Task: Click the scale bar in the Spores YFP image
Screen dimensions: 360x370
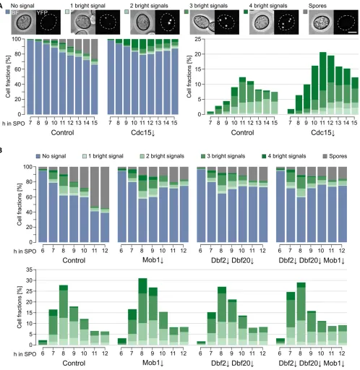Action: (x=352, y=32)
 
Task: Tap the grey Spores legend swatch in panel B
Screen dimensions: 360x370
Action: (x=325, y=157)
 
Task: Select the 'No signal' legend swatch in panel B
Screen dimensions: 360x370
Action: (x=38, y=157)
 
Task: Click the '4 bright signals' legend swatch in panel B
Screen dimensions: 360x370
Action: (x=264, y=157)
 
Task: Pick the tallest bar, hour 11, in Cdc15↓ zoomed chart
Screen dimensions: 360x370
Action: (x=322, y=83)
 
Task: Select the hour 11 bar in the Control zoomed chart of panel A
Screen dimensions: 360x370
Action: (x=242, y=95)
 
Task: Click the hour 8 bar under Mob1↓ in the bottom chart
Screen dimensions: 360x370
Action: (x=142, y=311)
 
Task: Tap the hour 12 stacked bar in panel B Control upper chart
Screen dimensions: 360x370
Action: (x=105, y=205)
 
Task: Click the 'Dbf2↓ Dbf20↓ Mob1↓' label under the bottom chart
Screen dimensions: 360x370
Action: (x=312, y=363)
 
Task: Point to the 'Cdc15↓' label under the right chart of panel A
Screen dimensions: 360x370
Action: (x=323, y=133)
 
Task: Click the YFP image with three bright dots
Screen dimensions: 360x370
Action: (x=227, y=22)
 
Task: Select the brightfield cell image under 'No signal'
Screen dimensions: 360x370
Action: (x=24, y=22)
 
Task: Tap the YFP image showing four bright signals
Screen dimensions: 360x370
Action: (x=286, y=22)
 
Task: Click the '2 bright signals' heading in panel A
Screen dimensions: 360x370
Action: (x=149, y=6)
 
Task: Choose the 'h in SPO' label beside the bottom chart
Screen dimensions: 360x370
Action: (x=25, y=354)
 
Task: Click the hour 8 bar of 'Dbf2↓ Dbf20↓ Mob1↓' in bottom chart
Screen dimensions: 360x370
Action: (x=301, y=314)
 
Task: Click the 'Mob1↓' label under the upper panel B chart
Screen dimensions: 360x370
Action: (x=153, y=260)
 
